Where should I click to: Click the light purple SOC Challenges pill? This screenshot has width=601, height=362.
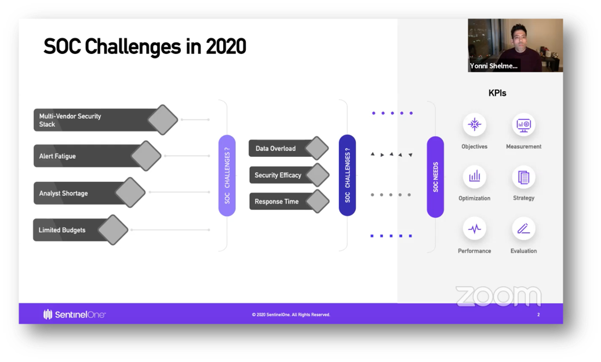227,175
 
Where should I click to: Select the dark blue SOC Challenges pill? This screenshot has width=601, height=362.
347,175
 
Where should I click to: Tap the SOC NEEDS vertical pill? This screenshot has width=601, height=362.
435,177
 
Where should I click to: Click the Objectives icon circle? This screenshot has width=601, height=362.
474,125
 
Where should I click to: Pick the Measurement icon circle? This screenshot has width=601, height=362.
523,125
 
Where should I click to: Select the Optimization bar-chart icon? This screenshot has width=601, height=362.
474,176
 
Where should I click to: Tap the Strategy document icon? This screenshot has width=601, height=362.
523,177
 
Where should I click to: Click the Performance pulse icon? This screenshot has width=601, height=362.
474,229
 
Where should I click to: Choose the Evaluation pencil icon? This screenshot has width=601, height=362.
523,229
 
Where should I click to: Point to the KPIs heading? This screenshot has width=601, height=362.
497,93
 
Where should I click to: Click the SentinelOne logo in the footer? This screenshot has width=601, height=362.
75,315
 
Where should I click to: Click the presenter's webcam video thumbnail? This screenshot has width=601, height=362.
515,45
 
